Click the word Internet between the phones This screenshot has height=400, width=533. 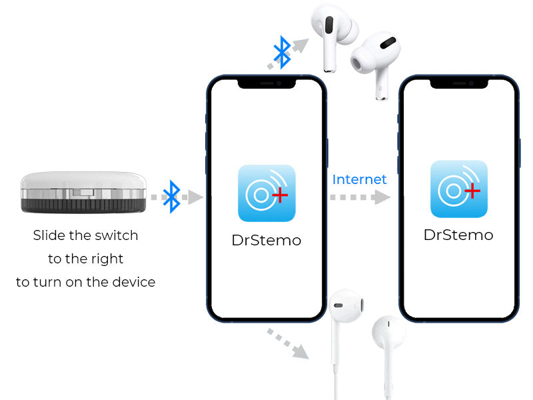click(359, 179)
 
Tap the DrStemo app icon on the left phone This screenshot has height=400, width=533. click(266, 193)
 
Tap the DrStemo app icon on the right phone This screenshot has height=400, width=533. click(459, 189)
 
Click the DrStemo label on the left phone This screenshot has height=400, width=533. click(266, 240)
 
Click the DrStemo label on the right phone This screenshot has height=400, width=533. click(458, 235)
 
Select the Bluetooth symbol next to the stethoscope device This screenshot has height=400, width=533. click(172, 197)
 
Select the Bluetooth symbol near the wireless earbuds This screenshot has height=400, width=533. click(282, 52)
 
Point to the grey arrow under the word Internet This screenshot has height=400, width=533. click(360, 197)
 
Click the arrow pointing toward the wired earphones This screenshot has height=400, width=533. click(288, 343)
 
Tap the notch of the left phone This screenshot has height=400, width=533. click(266, 84)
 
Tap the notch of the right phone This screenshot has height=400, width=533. click(459, 84)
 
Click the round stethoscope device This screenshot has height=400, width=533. click(83, 193)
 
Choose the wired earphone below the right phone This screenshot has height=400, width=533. click(388, 351)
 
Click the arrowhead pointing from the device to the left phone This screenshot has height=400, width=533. click(195, 197)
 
